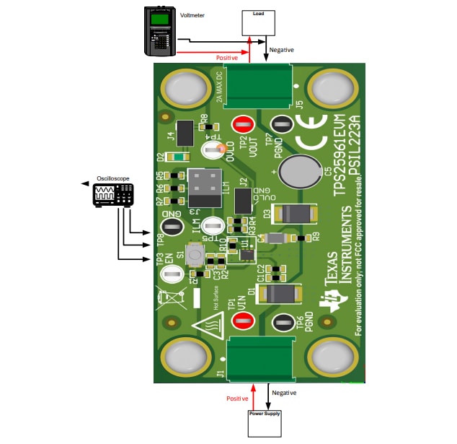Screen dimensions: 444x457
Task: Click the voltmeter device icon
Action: pos(160,30)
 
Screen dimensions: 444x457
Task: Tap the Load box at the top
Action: pos(257,23)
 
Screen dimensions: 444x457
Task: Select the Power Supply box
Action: pos(264,423)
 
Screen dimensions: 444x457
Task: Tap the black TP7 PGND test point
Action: pos(281,124)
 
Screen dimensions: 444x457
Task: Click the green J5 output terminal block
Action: pos(260,85)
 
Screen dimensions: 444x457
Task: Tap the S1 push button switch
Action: pos(194,253)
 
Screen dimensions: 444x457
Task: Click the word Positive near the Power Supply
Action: pos(237,398)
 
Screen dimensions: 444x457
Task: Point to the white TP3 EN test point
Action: pos(171,274)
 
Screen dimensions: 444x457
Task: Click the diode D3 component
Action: pos(293,213)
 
